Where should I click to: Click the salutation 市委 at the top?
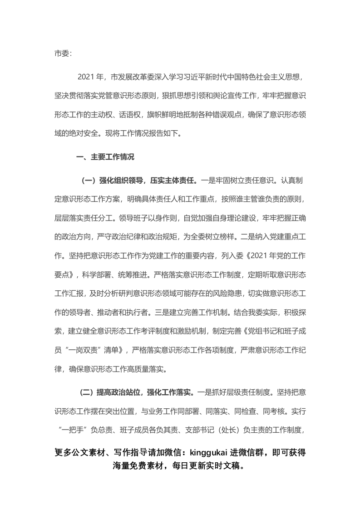[x=61, y=53]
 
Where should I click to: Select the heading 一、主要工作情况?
[x=104, y=157]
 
